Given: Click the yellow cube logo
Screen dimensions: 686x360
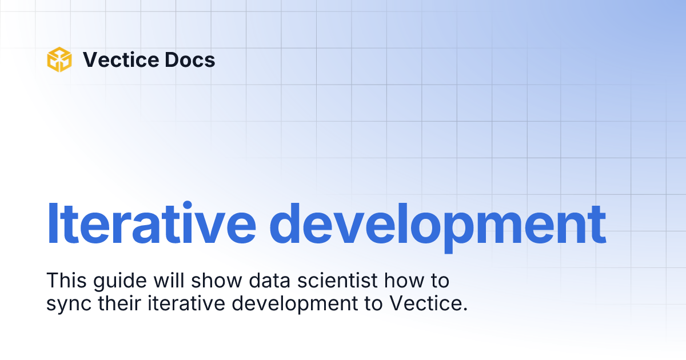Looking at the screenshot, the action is pos(59,59).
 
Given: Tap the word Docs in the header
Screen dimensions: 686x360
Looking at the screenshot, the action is pos(190,59).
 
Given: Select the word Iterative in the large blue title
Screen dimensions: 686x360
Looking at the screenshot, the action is pos(151,223).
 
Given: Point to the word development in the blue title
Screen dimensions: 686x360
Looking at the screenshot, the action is pos(438,226).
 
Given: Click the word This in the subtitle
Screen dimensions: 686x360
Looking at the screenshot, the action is pos(66,281).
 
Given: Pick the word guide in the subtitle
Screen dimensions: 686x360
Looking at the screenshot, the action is pos(120,282).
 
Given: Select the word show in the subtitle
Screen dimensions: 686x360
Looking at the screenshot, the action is pos(217,281).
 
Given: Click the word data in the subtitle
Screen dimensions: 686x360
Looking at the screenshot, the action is pos(269,281).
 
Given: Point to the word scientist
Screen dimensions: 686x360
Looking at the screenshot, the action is pos(337,281).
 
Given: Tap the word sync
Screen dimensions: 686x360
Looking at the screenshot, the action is pos(69,305).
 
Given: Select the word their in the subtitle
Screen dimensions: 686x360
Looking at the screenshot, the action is pos(119,303).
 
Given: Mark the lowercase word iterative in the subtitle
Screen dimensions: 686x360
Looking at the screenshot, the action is pos(186,303).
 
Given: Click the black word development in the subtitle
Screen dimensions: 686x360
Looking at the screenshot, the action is pos(294,305).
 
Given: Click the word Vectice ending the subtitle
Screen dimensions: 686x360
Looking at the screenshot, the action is pos(428,303).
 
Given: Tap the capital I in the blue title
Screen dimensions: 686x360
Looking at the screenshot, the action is pos(52,223).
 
